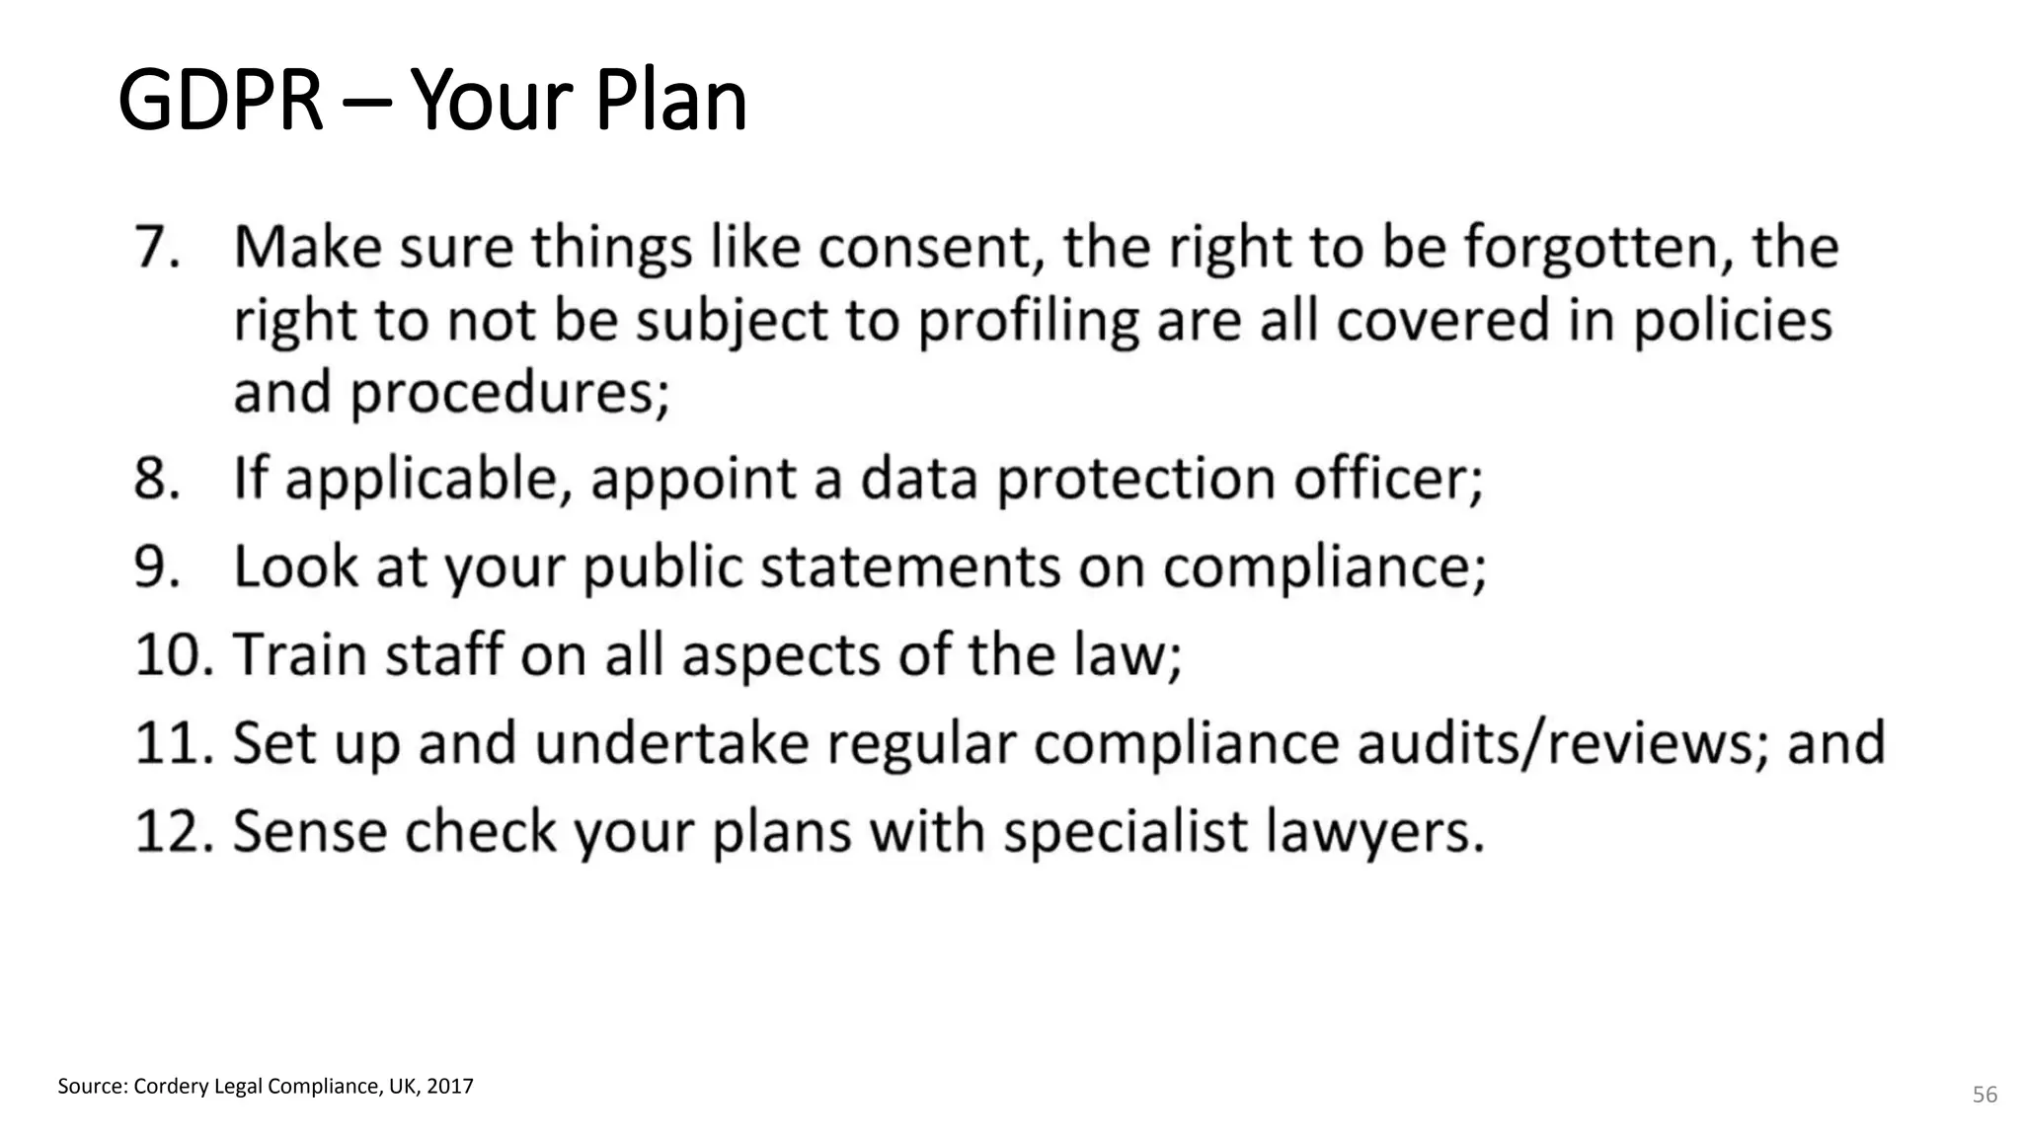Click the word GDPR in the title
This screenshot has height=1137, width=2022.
220,100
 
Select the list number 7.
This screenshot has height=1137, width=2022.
156,247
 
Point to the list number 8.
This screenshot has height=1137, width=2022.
156,479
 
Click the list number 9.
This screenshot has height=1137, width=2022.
156,568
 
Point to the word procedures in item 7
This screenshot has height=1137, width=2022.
509,393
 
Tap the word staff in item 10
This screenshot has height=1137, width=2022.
444,654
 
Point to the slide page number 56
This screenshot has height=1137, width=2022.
1984,1095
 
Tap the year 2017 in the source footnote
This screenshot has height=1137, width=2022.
450,1087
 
